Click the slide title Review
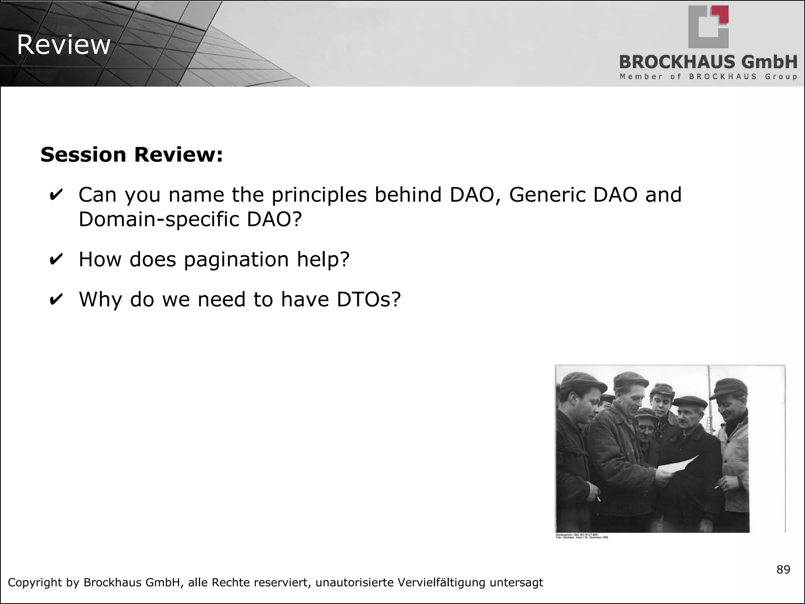[64, 45]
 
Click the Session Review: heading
[132, 155]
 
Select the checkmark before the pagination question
[56, 260]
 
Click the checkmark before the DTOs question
[56, 300]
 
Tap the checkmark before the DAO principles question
[56, 195]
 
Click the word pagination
[236, 260]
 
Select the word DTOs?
[368, 299]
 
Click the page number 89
[783, 569]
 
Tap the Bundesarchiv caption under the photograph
[582, 536]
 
